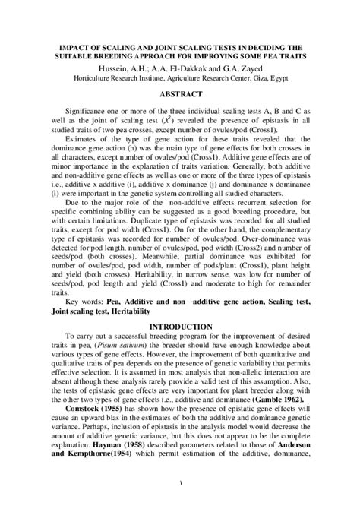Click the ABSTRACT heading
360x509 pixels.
tap(180, 95)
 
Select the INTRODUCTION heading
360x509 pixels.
tap(180, 343)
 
